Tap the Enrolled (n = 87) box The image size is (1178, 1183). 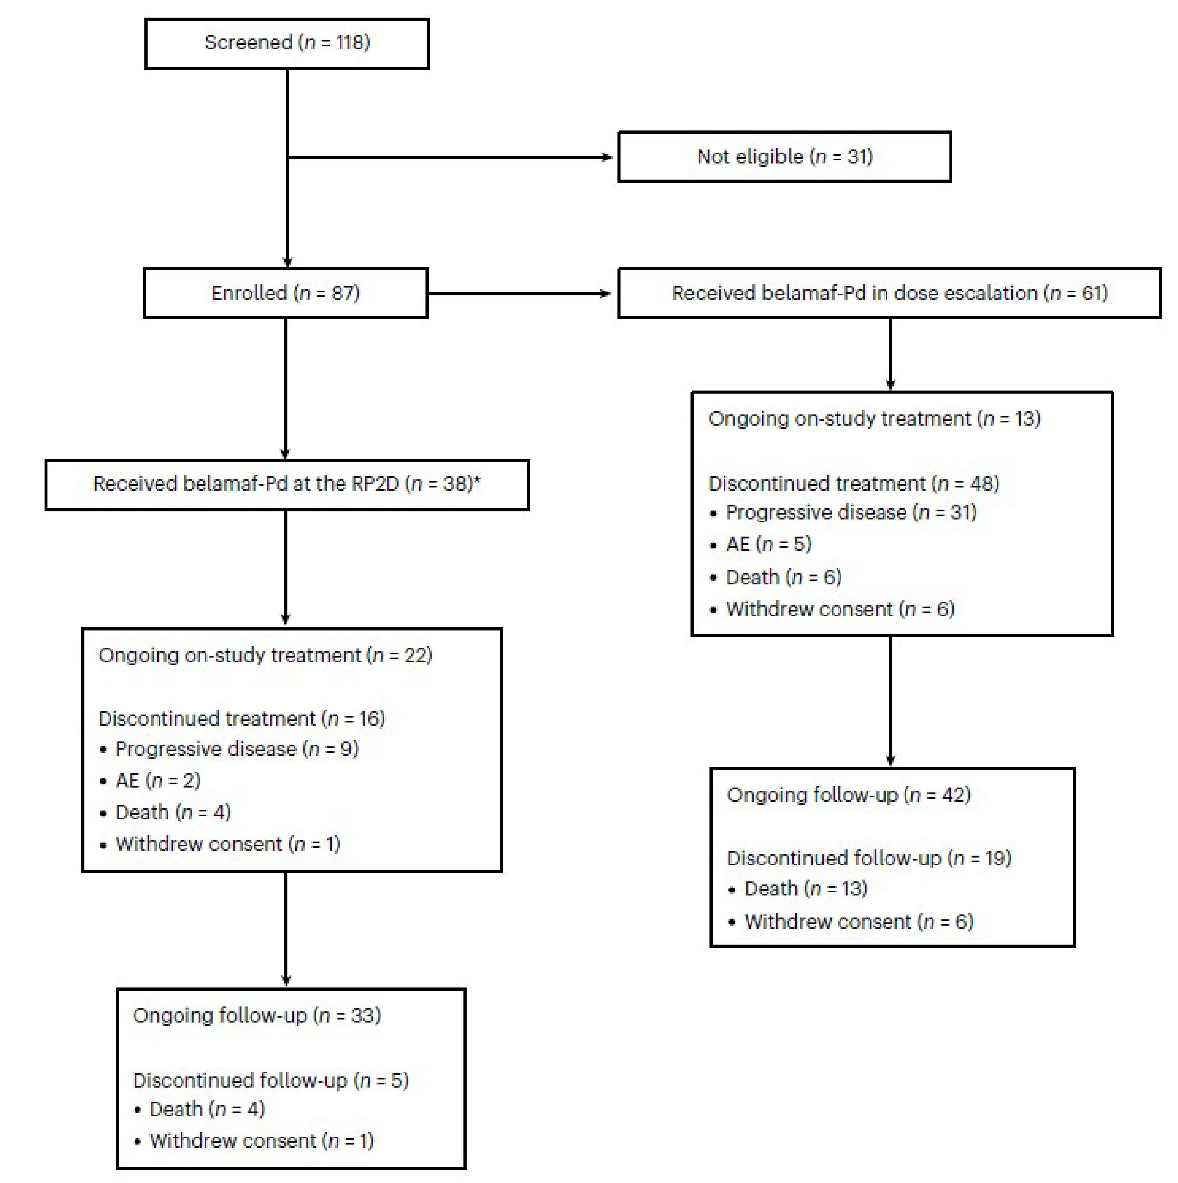pyautogui.click(x=285, y=293)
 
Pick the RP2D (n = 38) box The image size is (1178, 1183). pyautogui.click(x=286, y=484)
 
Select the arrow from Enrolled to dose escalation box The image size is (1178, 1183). pyautogui.click(x=521, y=294)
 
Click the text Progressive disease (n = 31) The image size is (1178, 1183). pyautogui.click(x=851, y=512)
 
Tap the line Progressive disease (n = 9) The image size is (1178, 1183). pyautogui.click(x=237, y=749)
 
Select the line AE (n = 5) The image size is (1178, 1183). pyautogui.click(x=769, y=544)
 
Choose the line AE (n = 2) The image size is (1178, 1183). pyautogui.click(x=158, y=781)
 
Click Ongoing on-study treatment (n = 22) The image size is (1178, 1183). pyautogui.click(x=265, y=655)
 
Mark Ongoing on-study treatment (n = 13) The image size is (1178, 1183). pyautogui.click(x=874, y=419)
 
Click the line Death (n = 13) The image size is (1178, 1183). pyautogui.click(x=806, y=889)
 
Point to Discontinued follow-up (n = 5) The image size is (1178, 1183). pyautogui.click(x=271, y=1080)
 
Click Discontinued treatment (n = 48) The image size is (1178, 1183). pyautogui.click(x=853, y=484)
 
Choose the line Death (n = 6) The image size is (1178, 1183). pyautogui.click(x=784, y=577)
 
